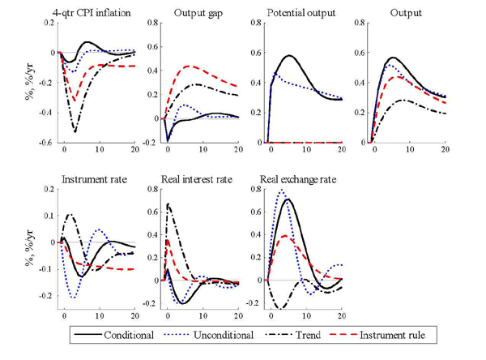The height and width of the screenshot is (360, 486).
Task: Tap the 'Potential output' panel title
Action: click(302, 11)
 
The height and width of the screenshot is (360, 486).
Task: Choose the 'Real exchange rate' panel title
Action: click(303, 178)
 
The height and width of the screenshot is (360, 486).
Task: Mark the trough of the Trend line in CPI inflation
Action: click(75, 131)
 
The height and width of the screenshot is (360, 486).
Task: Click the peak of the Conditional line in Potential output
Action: click(289, 56)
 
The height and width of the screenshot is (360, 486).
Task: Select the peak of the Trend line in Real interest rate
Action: click(168, 204)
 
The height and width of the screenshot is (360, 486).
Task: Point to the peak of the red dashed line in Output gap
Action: click(189, 66)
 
